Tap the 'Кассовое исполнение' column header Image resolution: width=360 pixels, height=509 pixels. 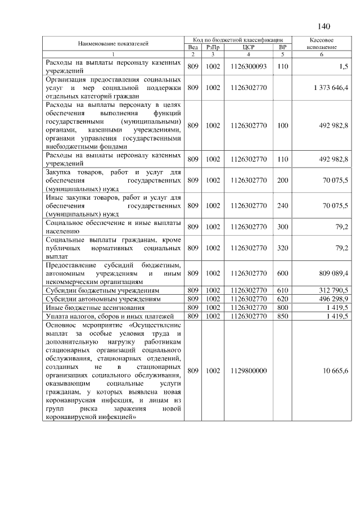[x=322, y=44]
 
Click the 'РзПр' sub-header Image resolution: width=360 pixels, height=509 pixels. [x=212, y=47]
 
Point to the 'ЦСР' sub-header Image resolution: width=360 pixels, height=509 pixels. [x=248, y=47]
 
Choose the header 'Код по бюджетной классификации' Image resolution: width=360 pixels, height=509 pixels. [x=237, y=40]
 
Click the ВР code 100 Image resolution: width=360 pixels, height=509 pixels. [x=282, y=125]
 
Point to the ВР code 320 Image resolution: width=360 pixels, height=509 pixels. [x=282, y=247]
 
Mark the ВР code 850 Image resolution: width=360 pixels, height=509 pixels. [x=282, y=316]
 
